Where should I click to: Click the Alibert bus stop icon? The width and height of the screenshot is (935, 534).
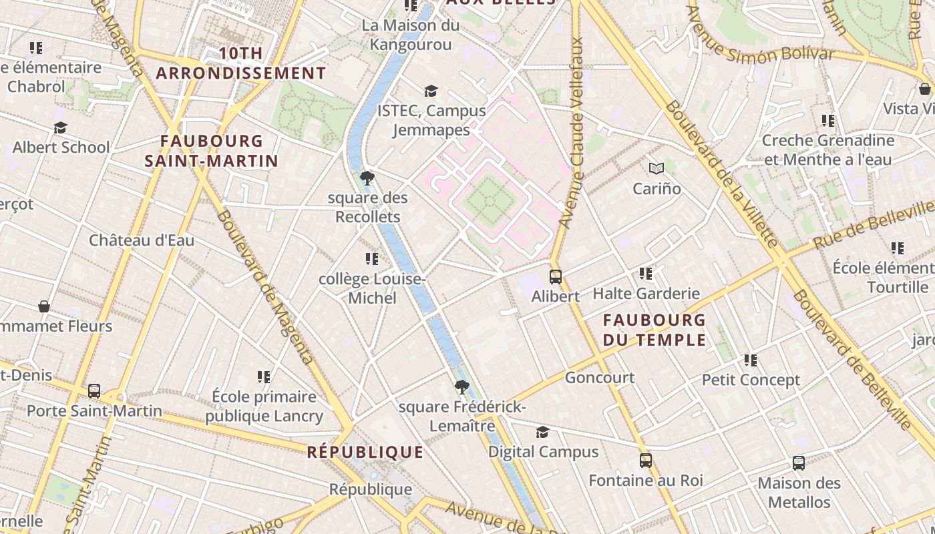pos(555,276)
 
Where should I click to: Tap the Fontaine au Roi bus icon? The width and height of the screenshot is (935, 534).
pos(645,460)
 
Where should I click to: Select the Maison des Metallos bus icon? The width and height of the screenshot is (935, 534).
pos(798,463)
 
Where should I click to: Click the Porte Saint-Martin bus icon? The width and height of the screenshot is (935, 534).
pos(94,390)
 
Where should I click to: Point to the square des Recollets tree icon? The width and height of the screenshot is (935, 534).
pos(367,178)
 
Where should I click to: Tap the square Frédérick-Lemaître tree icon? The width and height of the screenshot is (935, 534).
pos(461,387)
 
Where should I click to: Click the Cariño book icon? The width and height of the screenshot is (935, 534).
pos(657,168)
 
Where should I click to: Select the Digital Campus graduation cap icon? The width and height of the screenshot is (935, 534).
pos(542,432)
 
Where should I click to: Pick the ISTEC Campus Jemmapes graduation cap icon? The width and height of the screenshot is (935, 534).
pos(431,91)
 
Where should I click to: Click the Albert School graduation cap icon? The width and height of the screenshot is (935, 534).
pos(61,127)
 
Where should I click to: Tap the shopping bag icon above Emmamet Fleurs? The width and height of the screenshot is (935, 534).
pos(44,306)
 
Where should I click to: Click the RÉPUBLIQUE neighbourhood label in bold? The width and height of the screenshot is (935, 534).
pos(365,452)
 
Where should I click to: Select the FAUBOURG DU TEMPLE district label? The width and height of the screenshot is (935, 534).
pos(654,330)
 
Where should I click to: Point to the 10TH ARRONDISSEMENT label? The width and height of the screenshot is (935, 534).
pos(241,63)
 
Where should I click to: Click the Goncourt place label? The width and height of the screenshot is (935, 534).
pos(600,378)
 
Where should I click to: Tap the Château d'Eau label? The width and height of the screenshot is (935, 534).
pos(142,240)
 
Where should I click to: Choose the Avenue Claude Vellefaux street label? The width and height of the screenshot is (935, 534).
pos(573,133)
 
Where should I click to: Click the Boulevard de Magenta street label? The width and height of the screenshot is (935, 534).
pos(264,287)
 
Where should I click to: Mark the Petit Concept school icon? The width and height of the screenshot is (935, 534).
pos(751,360)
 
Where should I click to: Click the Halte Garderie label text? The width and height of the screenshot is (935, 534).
pos(646,294)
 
